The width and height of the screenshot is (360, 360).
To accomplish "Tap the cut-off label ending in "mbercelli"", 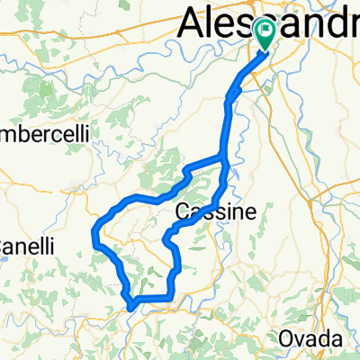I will (x=43, y=132).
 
